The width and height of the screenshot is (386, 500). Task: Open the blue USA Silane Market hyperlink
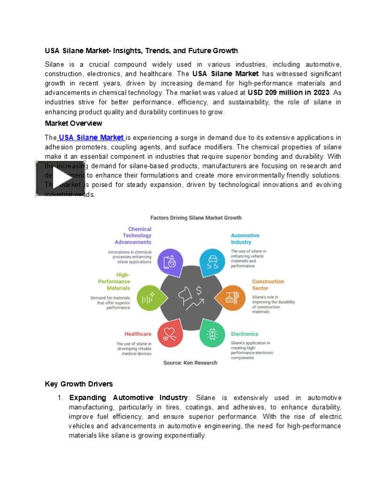(x=91, y=137)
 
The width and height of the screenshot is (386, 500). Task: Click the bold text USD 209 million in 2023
(x=288, y=93)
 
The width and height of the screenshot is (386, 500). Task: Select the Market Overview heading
(x=73, y=123)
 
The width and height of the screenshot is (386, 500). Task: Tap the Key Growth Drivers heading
(x=79, y=384)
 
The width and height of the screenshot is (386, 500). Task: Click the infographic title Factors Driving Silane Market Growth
(x=196, y=218)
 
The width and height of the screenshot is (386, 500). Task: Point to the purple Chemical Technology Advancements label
(x=133, y=235)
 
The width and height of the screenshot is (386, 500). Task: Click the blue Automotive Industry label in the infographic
(x=245, y=239)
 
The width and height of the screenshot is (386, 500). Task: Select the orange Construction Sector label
(x=268, y=284)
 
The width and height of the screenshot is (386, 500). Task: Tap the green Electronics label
(x=244, y=334)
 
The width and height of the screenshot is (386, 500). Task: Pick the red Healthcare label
(x=138, y=334)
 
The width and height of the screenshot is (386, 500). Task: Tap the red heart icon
(x=170, y=333)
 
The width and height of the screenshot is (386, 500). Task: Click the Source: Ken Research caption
(x=190, y=362)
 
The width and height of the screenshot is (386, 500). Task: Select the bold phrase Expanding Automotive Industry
(x=128, y=398)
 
